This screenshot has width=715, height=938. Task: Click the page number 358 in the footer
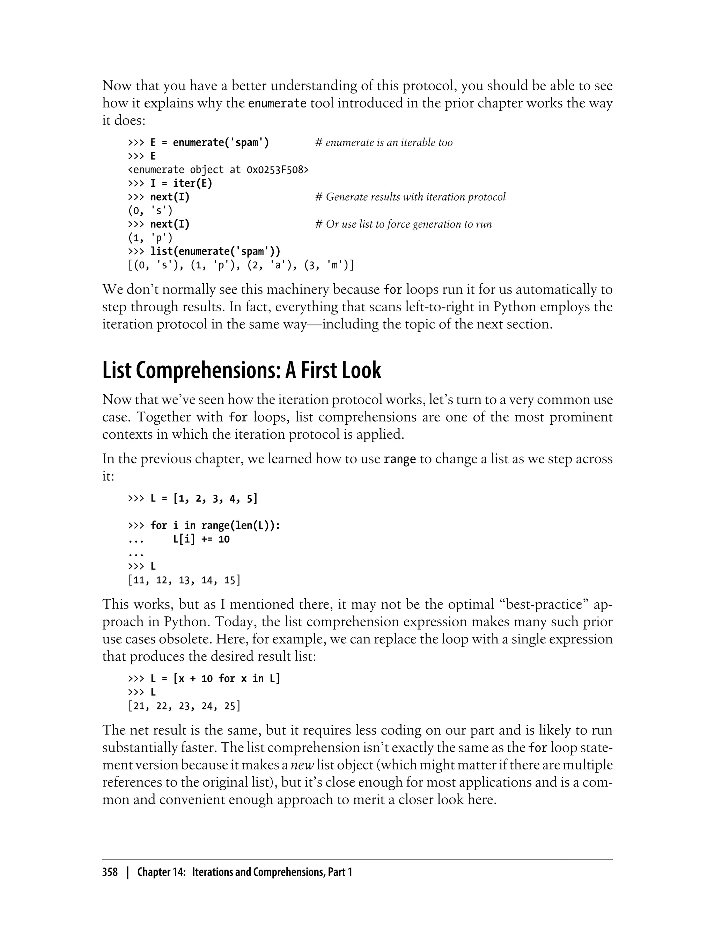click(x=110, y=872)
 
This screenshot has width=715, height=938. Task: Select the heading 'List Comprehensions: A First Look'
click(x=241, y=371)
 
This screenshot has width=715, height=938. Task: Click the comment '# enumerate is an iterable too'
click(x=384, y=142)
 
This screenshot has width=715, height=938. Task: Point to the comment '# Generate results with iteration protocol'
click(x=410, y=197)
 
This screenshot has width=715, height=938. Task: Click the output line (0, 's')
click(x=150, y=210)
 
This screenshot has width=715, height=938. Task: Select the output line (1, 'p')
click(x=150, y=238)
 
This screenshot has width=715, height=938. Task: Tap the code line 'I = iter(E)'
click(x=181, y=183)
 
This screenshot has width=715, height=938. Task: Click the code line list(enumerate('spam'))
click(x=215, y=251)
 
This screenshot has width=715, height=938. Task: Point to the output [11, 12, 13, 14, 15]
click(x=184, y=580)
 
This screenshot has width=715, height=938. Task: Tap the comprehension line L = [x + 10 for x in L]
click(x=215, y=678)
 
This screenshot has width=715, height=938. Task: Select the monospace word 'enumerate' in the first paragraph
click(x=277, y=103)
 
